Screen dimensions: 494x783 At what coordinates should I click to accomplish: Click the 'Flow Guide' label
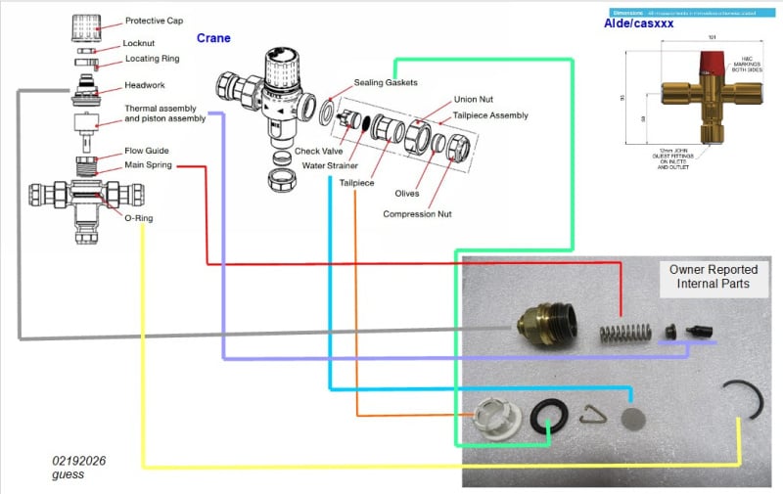(147, 151)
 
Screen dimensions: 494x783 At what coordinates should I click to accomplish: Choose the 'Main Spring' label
(149, 165)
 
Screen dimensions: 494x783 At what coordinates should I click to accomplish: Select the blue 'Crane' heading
(213, 38)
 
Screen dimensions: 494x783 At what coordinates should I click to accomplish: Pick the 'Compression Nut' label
(420, 214)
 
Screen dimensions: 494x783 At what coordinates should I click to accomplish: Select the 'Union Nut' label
(478, 100)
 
